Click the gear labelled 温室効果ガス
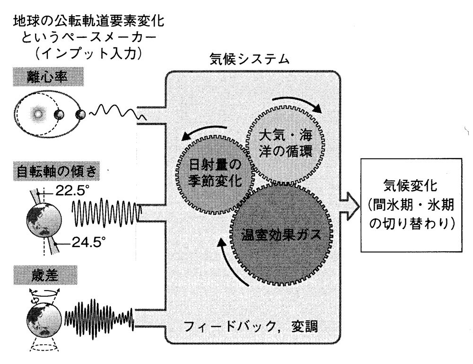pos(283,234)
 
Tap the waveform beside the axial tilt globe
pos(107,210)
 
